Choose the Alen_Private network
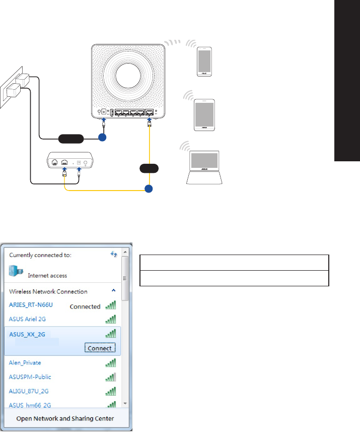point(25,362)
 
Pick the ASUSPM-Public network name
point(29,377)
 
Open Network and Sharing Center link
point(65,418)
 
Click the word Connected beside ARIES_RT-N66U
point(85,306)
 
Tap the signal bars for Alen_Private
point(110,362)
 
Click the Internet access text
point(47,276)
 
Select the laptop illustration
point(205,166)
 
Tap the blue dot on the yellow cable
point(149,190)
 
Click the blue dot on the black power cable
point(103,137)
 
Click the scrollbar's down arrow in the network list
point(125,404)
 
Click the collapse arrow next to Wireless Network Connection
point(113,291)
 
